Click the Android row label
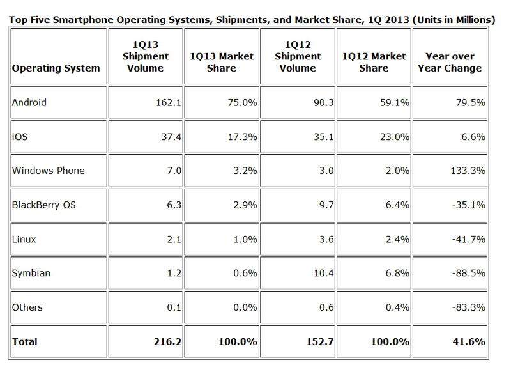click(29, 103)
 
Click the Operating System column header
click(56, 68)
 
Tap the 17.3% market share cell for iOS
click(244, 137)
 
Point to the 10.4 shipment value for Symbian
click(319, 273)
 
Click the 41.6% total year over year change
click(470, 342)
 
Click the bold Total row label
click(25, 342)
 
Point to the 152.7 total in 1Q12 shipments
click(318, 342)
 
